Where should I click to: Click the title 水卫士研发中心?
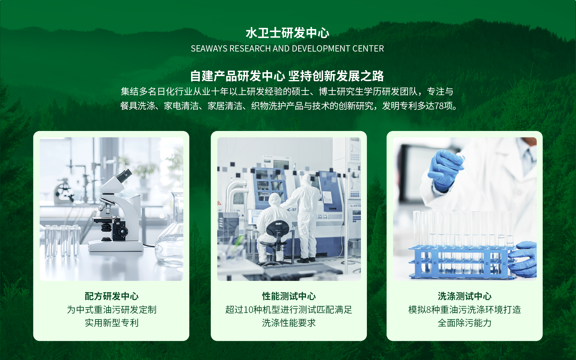[287, 33]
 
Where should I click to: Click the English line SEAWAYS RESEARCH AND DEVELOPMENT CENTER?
[287, 49]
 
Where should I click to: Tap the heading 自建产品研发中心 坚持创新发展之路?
[287, 76]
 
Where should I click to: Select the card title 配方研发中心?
[112, 296]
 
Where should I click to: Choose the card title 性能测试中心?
[289, 296]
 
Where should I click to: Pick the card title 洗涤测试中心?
[465, 296]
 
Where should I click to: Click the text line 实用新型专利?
[112, 323]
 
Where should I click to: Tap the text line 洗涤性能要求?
[289, 323]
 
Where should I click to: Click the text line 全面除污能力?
[465, 323]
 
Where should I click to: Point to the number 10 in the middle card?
[248, 310]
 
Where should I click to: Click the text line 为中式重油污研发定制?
[112, 310]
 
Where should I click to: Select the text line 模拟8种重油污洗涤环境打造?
[465, 310]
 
